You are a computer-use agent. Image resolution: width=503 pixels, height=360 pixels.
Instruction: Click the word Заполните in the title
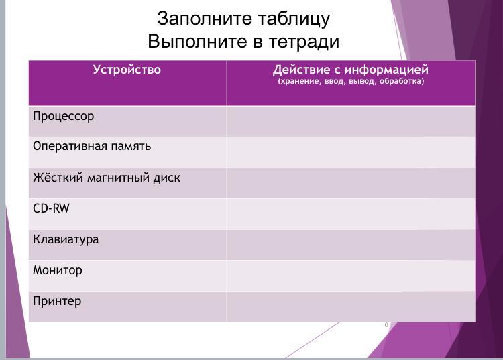coord(205,19)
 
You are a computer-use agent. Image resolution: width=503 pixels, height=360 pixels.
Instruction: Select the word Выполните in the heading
coord(198,42)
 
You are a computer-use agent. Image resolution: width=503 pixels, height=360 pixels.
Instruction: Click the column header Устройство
coord(127,70)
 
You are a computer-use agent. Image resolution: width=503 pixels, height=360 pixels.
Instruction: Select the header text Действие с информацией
coord(351,70)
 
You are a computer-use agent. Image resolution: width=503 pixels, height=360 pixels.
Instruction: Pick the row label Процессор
coord(64,117)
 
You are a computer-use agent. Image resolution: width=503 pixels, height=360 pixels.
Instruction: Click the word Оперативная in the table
coord(70,147)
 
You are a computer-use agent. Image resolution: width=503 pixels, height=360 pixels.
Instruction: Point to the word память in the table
coord(131,147)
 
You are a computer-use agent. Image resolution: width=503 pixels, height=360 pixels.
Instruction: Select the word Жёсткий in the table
coord(58,177)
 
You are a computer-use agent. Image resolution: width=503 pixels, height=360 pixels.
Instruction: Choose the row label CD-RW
coord(52,208)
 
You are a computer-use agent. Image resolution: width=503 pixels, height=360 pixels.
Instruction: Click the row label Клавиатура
coord(66,239)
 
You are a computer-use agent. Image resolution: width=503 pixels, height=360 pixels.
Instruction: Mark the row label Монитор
coord(58,270)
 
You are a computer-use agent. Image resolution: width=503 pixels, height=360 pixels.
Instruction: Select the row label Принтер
coord(57,301)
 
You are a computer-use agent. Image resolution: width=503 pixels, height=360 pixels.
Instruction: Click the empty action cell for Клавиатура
coord(351,245)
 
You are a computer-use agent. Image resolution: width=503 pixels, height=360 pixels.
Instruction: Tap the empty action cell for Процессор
coord(351,121)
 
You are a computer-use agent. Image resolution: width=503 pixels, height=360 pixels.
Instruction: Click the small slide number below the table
coord(386,325)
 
